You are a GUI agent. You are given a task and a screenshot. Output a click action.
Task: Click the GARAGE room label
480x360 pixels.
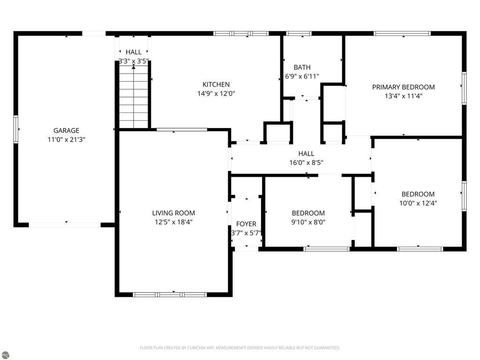point(66,131)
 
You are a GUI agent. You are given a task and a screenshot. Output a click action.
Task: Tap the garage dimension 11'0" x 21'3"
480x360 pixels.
point(66,140)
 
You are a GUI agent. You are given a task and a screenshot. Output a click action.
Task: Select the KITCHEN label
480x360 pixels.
point(216,84)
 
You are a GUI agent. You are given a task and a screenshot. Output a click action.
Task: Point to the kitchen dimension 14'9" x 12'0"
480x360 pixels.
point(216,93)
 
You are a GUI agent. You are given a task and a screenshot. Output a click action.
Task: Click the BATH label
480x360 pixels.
point(302,67)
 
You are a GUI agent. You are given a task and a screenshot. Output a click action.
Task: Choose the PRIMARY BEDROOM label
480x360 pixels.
point(403,87)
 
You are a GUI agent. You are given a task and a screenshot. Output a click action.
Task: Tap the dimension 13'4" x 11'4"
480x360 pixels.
point(403,96)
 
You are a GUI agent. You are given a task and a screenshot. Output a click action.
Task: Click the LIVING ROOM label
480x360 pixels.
point(173,213)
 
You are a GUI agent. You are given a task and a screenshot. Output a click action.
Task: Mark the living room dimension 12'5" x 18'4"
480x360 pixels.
point(173,222)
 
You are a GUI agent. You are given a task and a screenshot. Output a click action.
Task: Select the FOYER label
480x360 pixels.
point(246,224)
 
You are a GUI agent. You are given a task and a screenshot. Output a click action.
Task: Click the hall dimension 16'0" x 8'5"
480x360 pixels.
point(306,163)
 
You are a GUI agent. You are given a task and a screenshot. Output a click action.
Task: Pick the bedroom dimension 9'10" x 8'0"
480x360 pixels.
point(308,222)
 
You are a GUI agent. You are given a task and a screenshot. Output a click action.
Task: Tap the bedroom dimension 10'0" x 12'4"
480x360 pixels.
point(418,203)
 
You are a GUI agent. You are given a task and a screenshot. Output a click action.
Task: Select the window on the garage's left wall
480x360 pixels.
point(16,129)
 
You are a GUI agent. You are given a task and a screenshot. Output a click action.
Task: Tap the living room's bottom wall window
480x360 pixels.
point(170,294)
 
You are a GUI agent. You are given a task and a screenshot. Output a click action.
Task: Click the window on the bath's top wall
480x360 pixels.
point(299,33)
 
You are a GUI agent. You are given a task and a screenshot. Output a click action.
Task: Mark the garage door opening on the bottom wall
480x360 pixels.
point(65,225)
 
